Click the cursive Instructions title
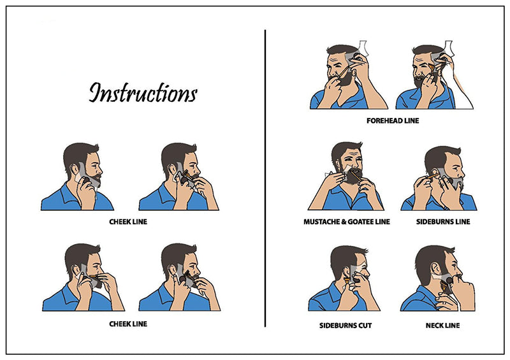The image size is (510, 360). coord(143,92)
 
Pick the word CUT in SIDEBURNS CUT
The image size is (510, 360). coord(365,325)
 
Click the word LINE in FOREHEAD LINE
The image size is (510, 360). coord(411,120)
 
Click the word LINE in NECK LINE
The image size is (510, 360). coord(453,325)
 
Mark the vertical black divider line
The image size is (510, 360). coord(265,178)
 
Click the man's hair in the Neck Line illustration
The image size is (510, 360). coord(429,260)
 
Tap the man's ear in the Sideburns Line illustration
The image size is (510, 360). coord(434,173)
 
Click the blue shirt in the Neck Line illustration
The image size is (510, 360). coord(419,301)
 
